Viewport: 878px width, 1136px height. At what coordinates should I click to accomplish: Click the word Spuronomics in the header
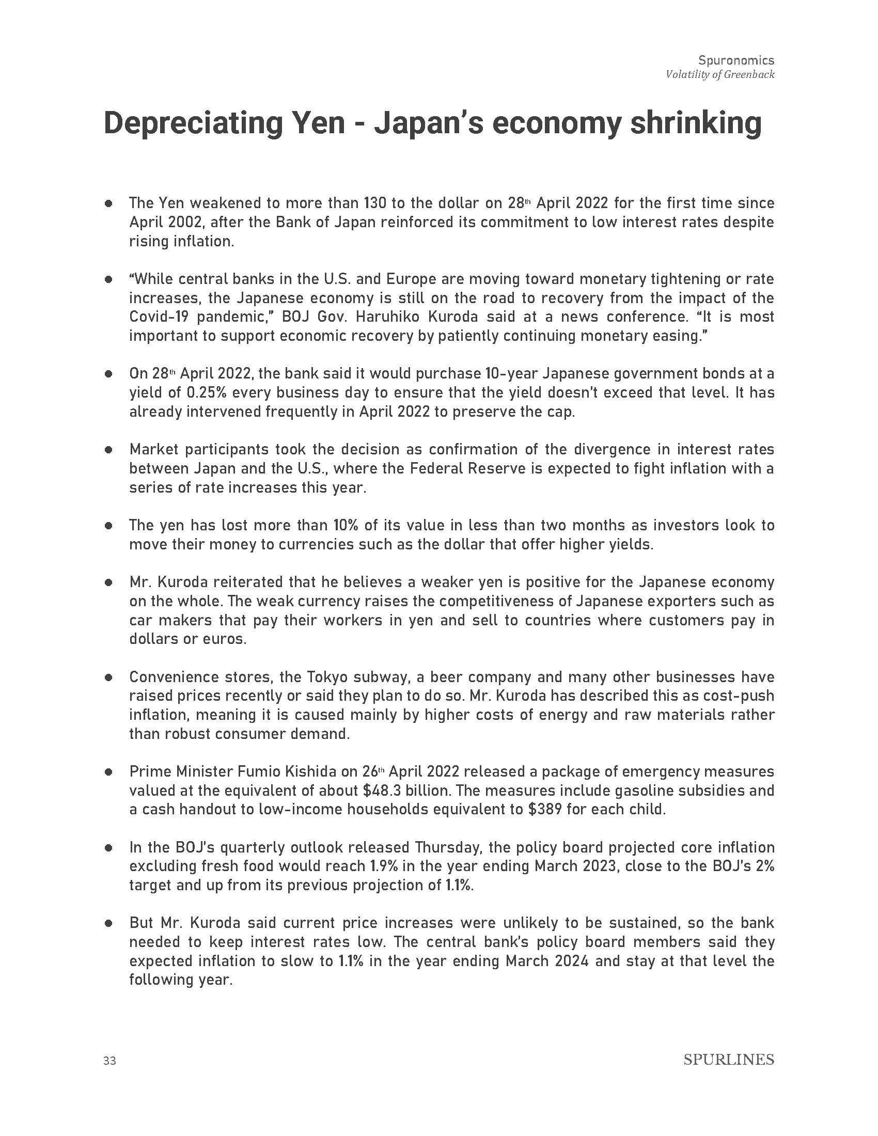coord(736,60)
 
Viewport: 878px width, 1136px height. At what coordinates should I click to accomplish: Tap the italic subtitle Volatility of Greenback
coord(720,75)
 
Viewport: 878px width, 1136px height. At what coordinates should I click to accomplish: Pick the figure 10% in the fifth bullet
coord(346,525)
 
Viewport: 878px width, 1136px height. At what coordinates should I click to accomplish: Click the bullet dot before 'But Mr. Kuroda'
coord(108,923)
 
